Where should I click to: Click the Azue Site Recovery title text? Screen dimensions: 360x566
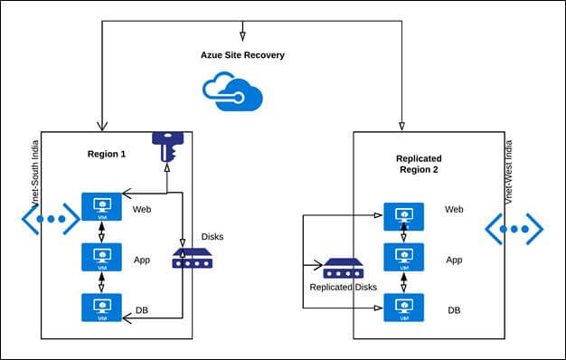point(241,54)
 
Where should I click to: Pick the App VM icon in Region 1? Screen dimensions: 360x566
point(100,258)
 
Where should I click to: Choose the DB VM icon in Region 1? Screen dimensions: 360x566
point(100,308)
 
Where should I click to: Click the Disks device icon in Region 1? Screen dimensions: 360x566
point(192,262)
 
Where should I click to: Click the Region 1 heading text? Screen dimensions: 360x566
point(107,155)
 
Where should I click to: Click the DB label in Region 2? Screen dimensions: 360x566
point(454,309)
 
